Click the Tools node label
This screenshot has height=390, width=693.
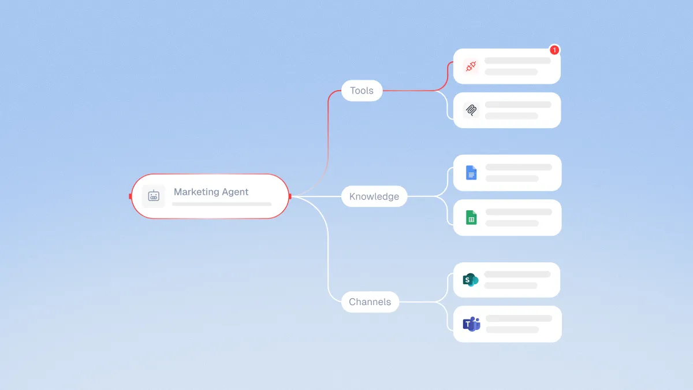click(x=362, y=90)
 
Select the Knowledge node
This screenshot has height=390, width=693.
click(x=374, y=196)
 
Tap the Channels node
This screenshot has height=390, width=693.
click(x=370, y=302)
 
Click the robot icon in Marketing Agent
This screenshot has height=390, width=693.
click(x=154, y=196)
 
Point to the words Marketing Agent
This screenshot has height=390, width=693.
click(x=211, y=192)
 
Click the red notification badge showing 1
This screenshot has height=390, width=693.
click(x=554, y=50)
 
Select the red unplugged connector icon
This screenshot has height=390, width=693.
click(x=471, y=66)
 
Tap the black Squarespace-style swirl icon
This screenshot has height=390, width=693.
click(x=471, y=110)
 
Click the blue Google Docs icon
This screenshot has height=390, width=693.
click(x=471, y=172)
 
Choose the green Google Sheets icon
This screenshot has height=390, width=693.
click(x=471, y=217)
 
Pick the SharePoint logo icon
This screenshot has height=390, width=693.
click(x=471, y=280)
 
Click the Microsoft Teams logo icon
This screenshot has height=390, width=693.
click(x=471, y=324)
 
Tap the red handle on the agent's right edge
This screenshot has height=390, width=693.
click(x=290, y=196)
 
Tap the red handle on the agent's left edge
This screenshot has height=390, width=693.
click(x=131, y=196)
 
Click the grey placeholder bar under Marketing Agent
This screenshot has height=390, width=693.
click(x=222, y=205)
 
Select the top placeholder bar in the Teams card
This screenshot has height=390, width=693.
click(x=519, y=318)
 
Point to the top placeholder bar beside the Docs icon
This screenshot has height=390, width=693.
click(x=519, y=167)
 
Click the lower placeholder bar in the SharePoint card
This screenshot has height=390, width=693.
click(x=511, y=285)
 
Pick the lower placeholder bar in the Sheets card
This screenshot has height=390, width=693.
click(x=512, y=223)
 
